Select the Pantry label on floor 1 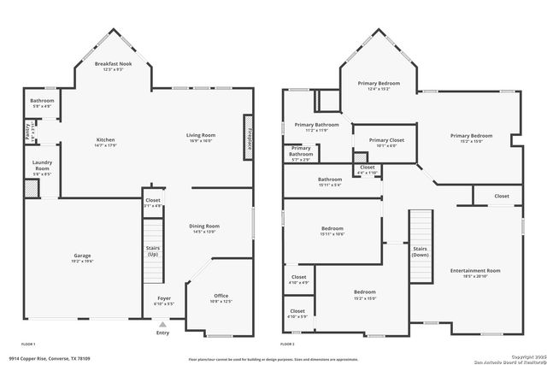coord(27,132)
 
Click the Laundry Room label coord(41,166)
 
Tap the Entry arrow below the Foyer coord(162,324)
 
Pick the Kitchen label coord(105,140)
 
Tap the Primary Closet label coord(386,140)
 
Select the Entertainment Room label coord(475,270)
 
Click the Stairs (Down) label coord(421,252)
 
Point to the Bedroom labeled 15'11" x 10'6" coord(332,229)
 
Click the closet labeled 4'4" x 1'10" coord(368,168)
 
